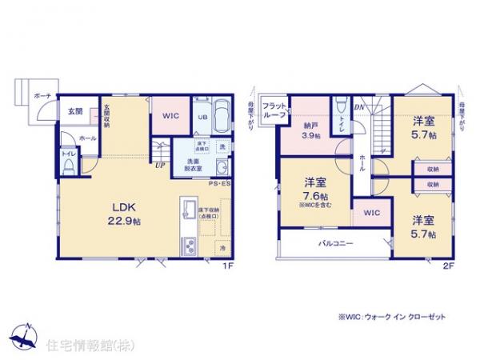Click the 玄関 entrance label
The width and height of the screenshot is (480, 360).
(x=73, y=112)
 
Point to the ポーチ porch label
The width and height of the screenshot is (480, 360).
(x=42, y=96)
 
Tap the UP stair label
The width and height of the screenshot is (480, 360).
(x=161, y=166)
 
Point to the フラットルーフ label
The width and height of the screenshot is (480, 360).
(x=275, y=110)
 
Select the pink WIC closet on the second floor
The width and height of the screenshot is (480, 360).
(x=371, y=214)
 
